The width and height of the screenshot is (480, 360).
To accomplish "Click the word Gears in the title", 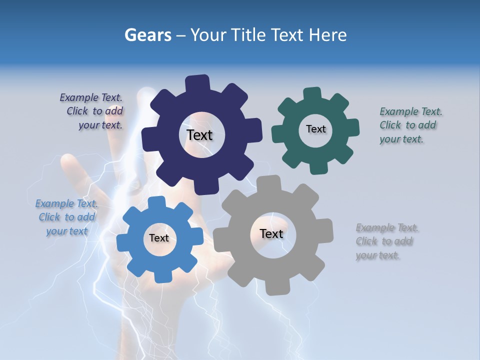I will pos(147,35).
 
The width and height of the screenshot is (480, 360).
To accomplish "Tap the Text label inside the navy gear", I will pos(199,135).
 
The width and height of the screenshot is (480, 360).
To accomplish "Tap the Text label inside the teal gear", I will pos(315,129).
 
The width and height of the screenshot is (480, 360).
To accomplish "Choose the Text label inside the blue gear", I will pos(158,238).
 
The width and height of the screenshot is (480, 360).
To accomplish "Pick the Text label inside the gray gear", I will pos(271,233).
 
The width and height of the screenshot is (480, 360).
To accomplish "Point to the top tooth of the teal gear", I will pos(312,94).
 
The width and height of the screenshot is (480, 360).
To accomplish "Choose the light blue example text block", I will pos(66,217).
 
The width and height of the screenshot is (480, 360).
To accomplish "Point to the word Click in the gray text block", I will pos(366,241).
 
